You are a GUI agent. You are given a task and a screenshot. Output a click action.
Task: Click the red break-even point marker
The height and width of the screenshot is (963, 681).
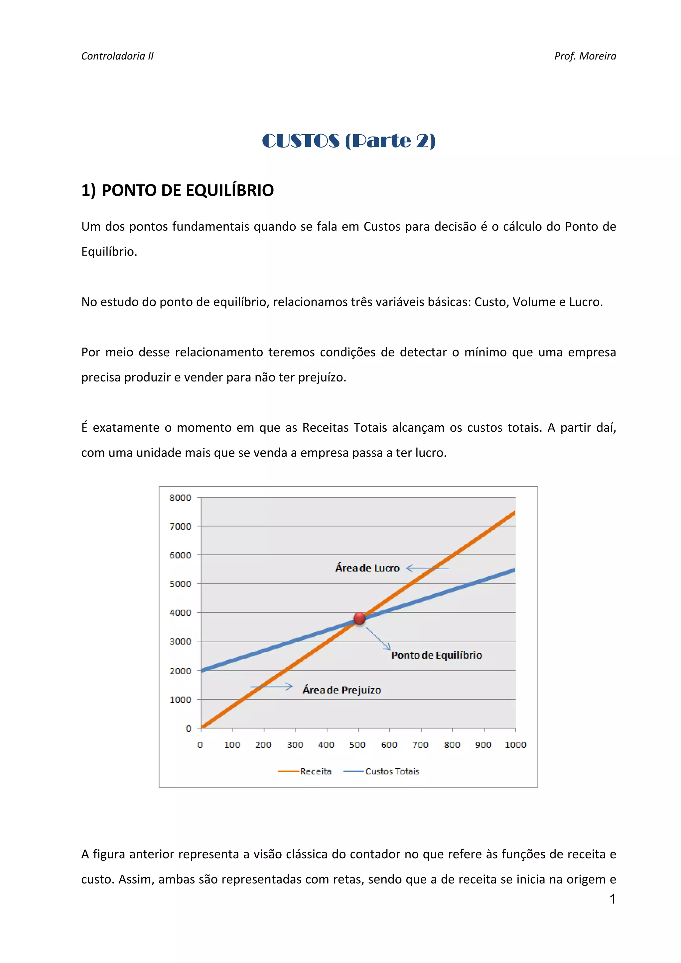[359, 618]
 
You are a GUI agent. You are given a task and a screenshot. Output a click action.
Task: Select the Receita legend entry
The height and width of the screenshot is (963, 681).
[305, 771]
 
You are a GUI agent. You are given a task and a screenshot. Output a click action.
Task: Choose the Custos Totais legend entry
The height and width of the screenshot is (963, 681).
[381, 771]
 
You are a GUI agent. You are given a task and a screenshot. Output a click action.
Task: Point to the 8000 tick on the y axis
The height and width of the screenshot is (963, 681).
[180, 497]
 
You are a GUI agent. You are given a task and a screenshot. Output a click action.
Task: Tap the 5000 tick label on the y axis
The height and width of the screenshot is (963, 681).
[180, 584]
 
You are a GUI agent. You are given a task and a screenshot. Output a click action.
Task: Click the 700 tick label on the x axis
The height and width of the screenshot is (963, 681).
[420, 744]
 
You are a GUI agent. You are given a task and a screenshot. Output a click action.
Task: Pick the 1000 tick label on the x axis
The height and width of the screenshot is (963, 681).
[515, 744]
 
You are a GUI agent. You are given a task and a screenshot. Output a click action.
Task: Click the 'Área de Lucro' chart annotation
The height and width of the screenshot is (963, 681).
[367, 568]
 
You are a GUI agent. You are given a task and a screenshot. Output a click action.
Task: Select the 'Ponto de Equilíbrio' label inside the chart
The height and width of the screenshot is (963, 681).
[436, 655]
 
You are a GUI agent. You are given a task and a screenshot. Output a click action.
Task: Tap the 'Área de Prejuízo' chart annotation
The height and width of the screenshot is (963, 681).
[341, 690]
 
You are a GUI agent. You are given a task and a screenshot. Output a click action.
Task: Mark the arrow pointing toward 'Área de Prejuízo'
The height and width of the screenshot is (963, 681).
[271, 687]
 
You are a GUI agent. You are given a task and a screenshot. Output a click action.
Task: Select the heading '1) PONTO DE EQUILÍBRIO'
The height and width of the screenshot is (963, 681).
[178, 190]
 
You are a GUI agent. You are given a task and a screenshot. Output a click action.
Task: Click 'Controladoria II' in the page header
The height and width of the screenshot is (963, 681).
[117, 56]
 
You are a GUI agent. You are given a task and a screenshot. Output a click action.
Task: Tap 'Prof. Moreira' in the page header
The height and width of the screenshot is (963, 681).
[585, 56]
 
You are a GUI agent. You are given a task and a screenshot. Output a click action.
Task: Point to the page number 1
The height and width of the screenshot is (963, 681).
[612, 899]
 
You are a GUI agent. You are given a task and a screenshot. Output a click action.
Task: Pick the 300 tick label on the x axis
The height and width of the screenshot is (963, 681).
[295, 744]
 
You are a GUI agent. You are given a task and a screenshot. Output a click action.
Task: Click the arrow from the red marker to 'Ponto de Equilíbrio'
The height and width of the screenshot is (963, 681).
[378, 638]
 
